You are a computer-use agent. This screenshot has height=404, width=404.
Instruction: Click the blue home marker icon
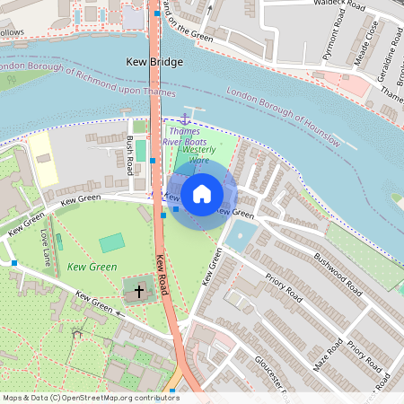click(x=202, y=193)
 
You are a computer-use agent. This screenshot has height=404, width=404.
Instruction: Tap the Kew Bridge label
click(x=152, y=62)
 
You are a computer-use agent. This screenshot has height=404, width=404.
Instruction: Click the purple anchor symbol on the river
click(x=185, y=119)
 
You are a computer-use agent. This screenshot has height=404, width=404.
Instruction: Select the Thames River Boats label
click(x=189, y=137)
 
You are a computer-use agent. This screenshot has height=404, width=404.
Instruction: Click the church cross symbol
click(x=138, y=290)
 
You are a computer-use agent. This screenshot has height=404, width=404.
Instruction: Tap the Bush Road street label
click(x=131, y=154)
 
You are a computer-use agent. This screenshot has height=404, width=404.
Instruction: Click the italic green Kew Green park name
click(x=92, y=268)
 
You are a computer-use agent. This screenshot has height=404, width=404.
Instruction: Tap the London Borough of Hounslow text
click(x=284, y=117)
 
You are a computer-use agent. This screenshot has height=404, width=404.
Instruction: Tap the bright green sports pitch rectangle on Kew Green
click(x=111, y=242)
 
